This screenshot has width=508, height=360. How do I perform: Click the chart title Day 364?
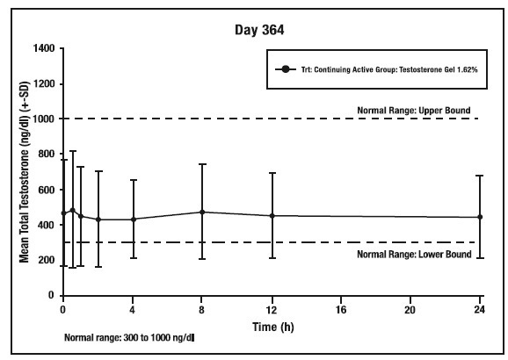coord(259,30)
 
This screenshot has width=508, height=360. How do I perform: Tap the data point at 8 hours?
coord(202,212)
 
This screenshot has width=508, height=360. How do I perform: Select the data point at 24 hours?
coord(480,217)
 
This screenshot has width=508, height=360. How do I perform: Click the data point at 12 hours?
coord(272,216)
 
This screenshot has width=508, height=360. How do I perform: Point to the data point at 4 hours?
coord(134,220)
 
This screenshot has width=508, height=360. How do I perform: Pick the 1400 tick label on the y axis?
coord(44,48)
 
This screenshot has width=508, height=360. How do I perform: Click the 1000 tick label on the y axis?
coord(44,119)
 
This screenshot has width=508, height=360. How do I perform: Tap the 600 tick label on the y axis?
coord(47,190)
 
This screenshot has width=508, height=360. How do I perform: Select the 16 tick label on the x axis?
coord(341,310)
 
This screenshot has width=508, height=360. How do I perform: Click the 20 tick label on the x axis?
coord(410,310)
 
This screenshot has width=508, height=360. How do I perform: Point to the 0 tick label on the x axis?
coord(63,310)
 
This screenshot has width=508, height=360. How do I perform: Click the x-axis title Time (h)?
coord(273,327)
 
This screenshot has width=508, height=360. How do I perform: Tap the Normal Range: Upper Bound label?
coord(414,111)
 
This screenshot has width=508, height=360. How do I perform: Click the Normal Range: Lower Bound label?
coord(414,254)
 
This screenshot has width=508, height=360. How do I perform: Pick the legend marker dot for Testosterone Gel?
coord(286,69)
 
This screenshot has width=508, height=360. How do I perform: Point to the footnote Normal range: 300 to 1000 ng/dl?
coord(129,338)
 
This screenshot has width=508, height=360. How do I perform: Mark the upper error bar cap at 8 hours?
coord(202,164)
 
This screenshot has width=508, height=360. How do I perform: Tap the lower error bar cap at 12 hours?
coord(272,258)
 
